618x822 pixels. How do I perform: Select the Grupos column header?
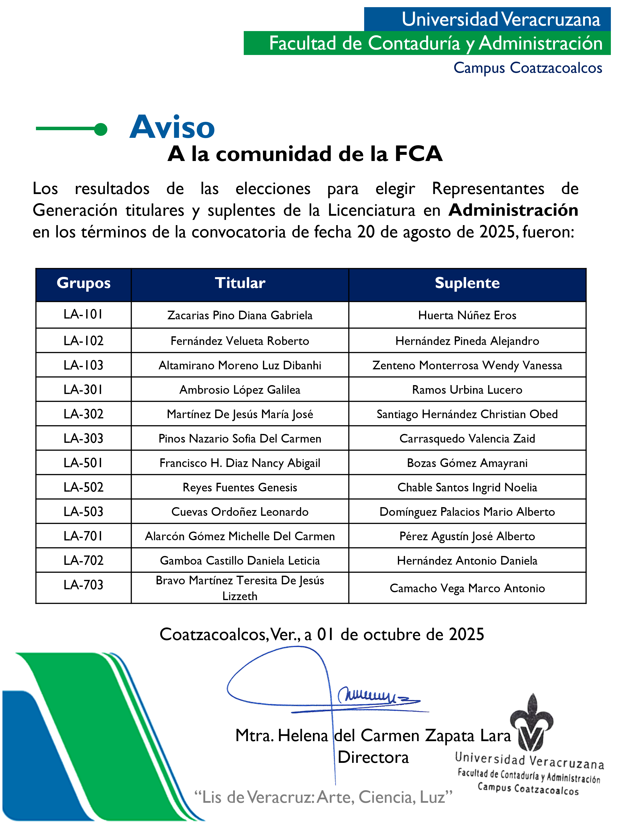pos(83,283)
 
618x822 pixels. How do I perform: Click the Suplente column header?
pos(467,283)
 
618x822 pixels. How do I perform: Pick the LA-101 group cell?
pos(83,315)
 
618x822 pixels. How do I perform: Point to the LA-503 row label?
pos(83,512)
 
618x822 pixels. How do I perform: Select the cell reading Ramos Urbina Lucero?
pos(467,390)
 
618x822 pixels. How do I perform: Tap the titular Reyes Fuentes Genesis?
pos(240,487)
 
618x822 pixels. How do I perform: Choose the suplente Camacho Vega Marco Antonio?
pos(467,588)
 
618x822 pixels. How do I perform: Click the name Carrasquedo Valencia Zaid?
pos(467,439)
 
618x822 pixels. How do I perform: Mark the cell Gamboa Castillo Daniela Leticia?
pos(240,560)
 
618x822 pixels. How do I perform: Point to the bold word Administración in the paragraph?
pos(513,210)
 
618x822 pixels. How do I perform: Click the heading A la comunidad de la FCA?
pos(305,154)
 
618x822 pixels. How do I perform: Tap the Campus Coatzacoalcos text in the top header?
pos(528,68)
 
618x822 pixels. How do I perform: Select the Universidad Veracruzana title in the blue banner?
pos(501,19)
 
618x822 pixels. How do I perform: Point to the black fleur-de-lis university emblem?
pos(532,723)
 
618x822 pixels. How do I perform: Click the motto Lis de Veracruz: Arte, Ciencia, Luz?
pos(323,797)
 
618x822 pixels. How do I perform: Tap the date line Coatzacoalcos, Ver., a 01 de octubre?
pos(322,634)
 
